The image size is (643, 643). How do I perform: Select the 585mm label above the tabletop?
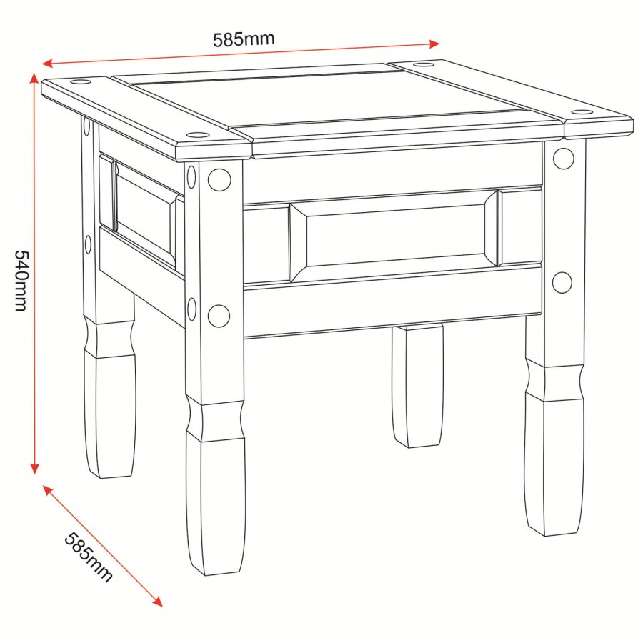244,39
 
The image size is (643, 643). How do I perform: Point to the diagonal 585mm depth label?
89,557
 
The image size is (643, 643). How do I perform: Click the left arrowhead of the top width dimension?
46,64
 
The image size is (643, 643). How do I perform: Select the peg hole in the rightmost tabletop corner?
582,112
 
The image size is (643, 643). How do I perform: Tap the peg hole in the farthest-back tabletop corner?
423,65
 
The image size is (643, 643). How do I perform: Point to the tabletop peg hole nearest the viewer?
194,134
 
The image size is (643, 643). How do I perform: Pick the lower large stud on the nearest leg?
219,315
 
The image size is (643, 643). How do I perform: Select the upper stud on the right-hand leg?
563,159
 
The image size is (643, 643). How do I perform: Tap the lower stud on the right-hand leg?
562,283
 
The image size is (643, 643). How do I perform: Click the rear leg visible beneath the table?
417,386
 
